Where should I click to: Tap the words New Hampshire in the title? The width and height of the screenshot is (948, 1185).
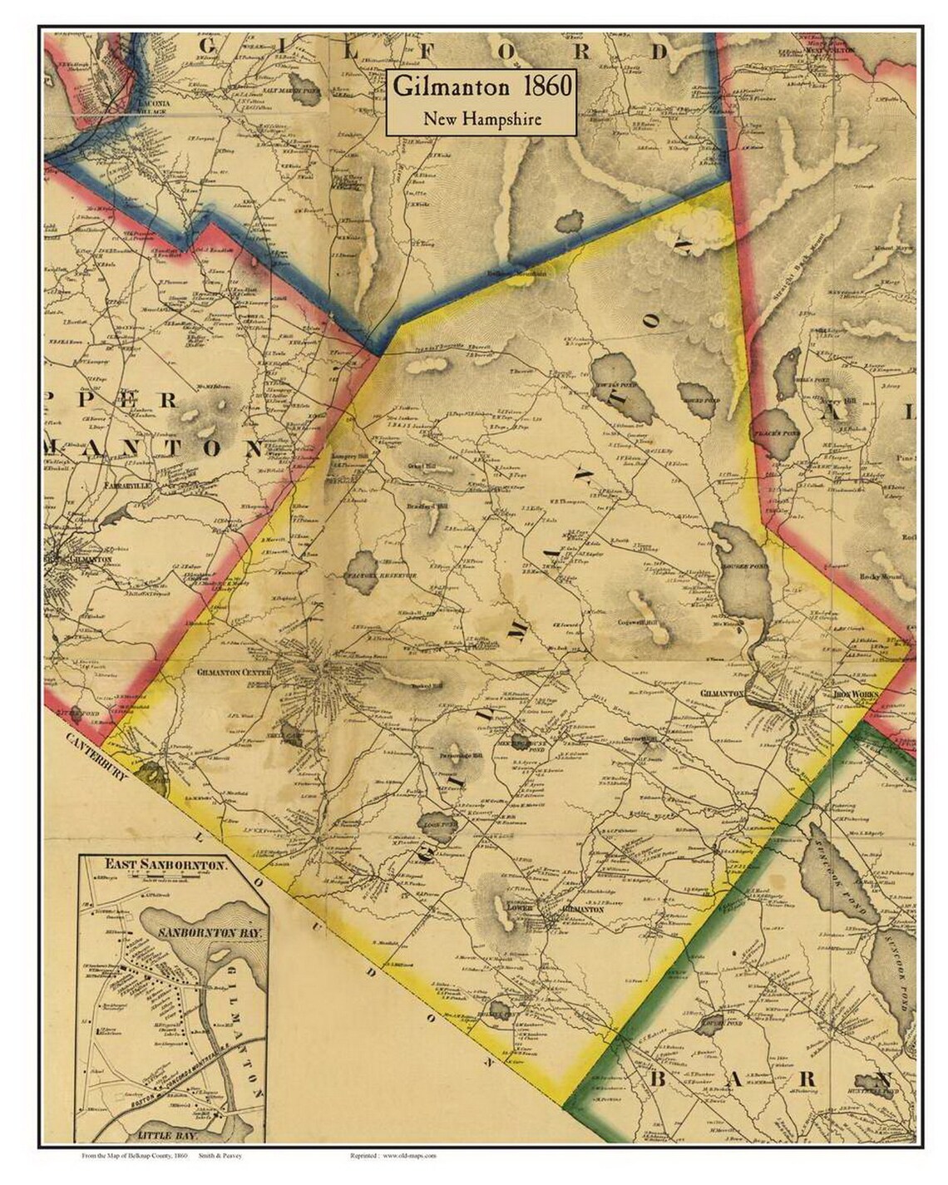tap(482, 118)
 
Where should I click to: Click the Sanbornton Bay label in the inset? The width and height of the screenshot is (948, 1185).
tap(210, 933)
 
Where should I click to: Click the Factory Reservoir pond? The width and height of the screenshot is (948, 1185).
tap(363, 572)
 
